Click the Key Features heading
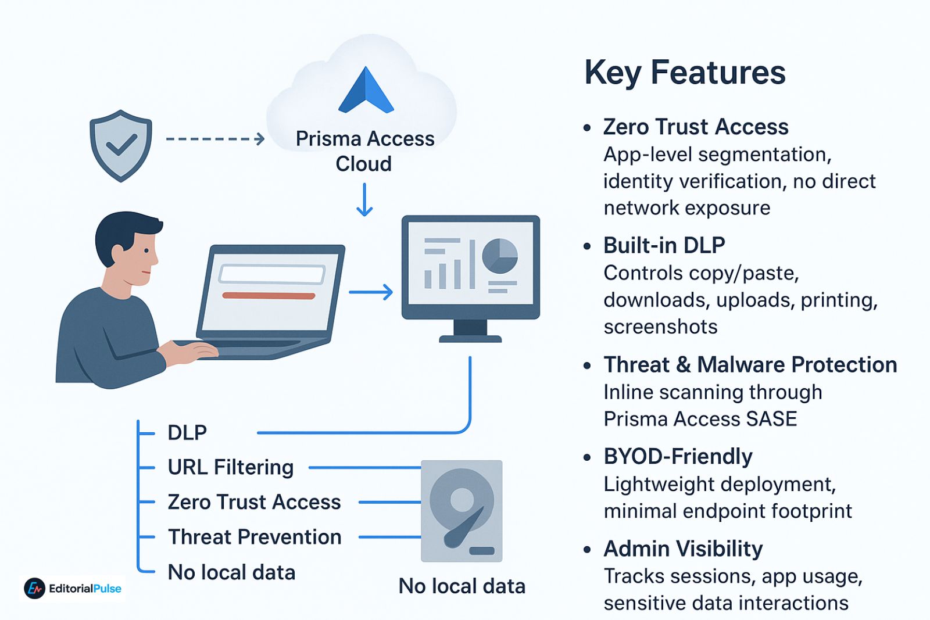(685, 73)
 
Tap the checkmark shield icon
(121, 145)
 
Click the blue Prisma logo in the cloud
(366, 91)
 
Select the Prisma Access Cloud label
(364, 151)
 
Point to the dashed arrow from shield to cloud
(215, 139)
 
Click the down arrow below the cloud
(364, 200)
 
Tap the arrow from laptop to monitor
(371, 292)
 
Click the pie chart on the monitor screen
(500, 256)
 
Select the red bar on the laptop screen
(269, 296)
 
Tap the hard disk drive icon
(462, 511)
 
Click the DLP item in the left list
(187, 433)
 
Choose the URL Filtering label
(230, 467)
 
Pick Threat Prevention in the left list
(255, 537)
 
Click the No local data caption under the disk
(462, 586)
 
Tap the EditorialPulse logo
(73, 589)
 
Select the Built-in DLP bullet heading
(664, 245)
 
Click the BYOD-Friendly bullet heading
(678, 457)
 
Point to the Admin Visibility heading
(683, 549)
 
